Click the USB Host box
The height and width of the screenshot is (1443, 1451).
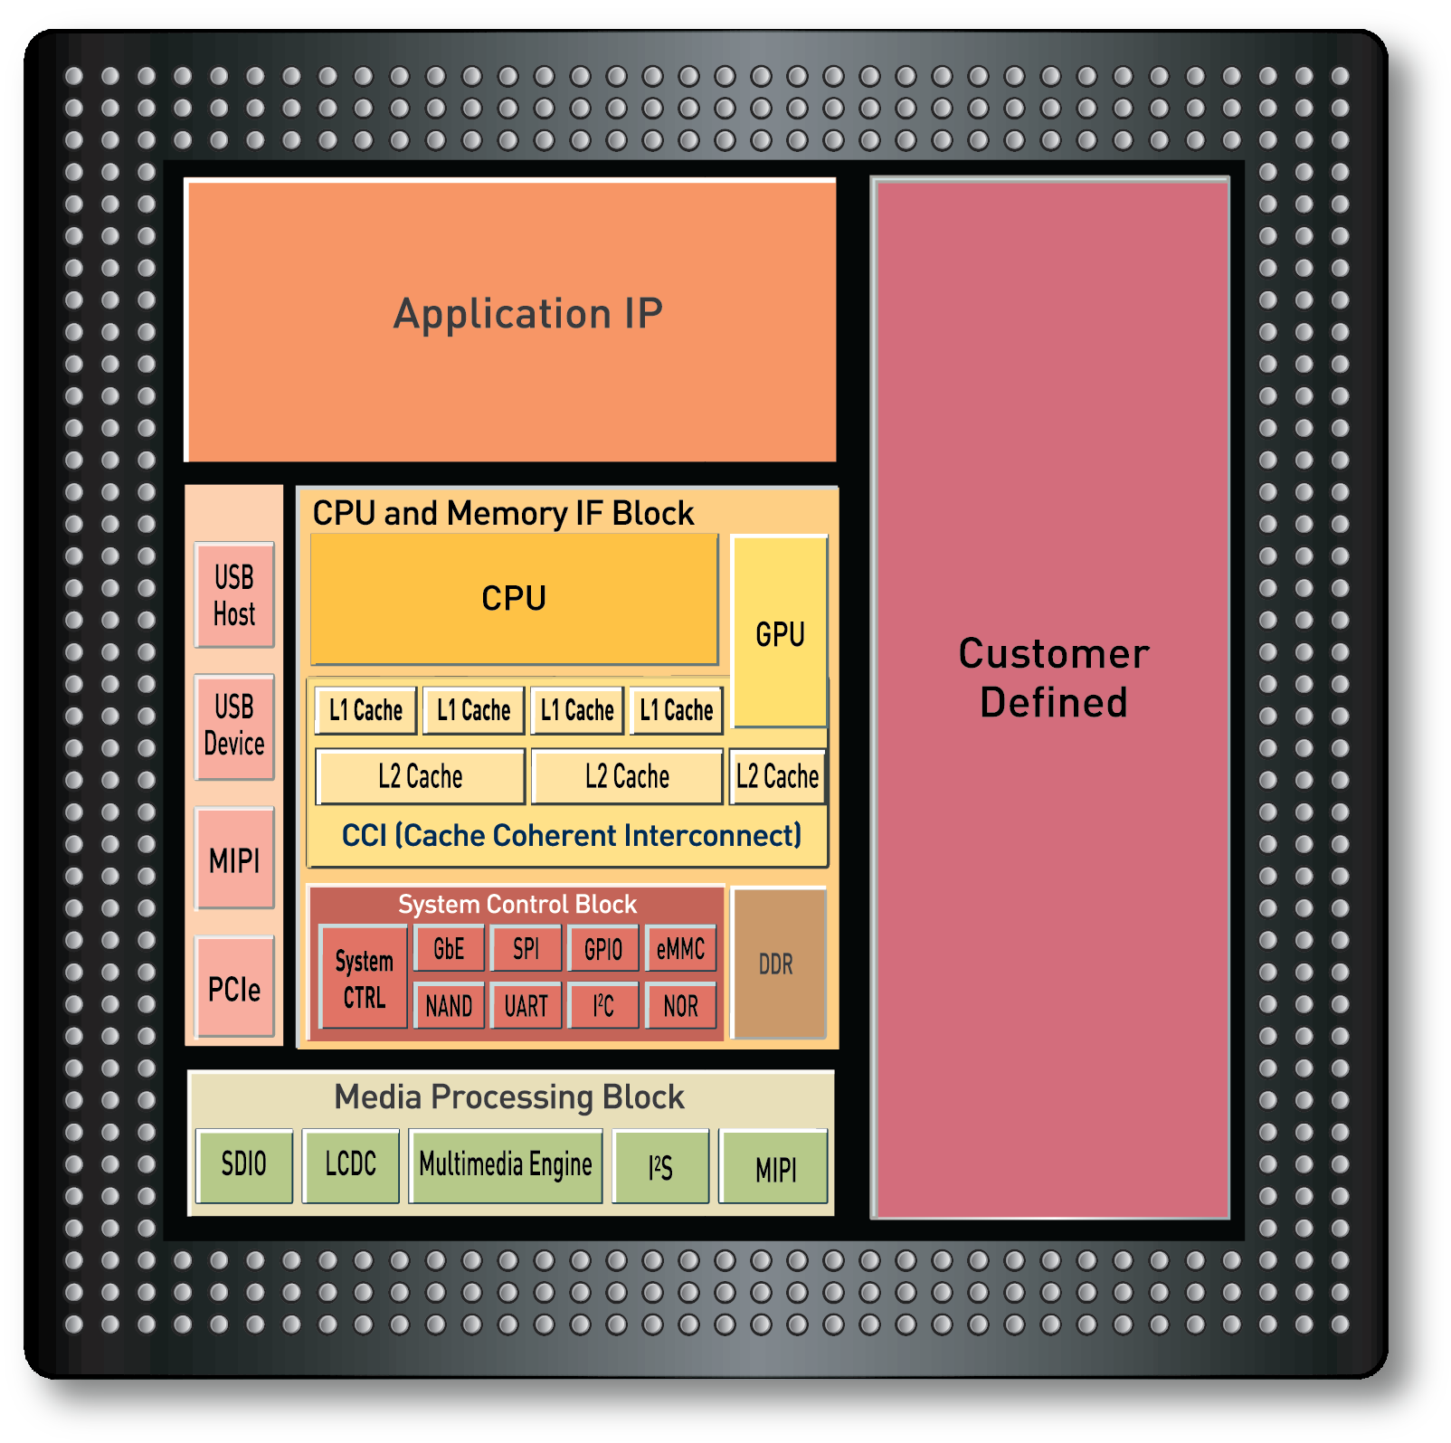click(x=234, y=595)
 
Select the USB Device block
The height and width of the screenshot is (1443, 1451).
click(x=234, y=726)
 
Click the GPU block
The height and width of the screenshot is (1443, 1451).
click(x=780, y=632)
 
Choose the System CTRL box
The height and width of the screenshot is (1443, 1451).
click(x=364, y=978)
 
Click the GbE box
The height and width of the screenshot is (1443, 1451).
click(x=449, y=948)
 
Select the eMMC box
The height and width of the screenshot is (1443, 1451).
click(x=680, y=948)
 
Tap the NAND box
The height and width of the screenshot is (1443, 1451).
click(x=449, y=1005)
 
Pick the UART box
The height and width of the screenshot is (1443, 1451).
click(x=526, y=1005)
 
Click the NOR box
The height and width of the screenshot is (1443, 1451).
click(x=680, y=1005)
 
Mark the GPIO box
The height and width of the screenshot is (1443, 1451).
click(x=602, y=948)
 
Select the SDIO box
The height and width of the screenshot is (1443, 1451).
click(x=244, y=1165)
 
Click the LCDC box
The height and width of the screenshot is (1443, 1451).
click(x=350, y=1165)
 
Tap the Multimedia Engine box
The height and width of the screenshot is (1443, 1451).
click(x=506, y=1165)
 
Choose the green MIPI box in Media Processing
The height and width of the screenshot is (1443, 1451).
click(x=774, y=1167)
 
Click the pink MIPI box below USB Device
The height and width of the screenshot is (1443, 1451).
click(x=234, y=859)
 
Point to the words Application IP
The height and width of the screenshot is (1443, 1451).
click(x=528, y=314)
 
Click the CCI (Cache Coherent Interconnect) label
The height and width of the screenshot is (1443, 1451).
click(x=571, y=835)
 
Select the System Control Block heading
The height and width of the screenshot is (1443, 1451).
click(x=517, y=904)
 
